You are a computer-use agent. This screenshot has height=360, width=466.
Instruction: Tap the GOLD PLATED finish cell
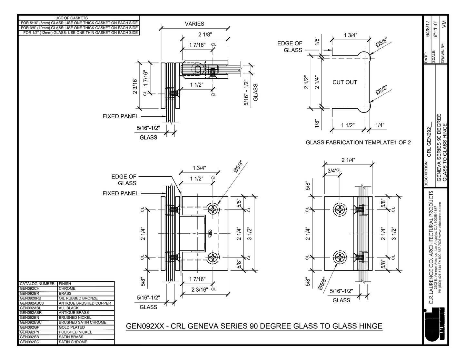72,327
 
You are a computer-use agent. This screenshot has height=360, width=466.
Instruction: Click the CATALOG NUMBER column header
37,284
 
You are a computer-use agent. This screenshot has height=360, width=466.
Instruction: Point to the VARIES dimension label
194,24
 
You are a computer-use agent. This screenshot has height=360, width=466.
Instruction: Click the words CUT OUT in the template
345,82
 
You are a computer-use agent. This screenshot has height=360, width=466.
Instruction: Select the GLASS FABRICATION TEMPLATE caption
358,142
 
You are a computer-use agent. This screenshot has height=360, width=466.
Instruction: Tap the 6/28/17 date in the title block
428,30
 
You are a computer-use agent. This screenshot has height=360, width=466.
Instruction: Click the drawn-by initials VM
444,23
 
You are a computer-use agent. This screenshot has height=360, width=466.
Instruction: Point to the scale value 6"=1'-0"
436,30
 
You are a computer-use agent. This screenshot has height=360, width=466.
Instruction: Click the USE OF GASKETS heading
72,18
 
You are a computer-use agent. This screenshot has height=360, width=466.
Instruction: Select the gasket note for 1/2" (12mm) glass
79,33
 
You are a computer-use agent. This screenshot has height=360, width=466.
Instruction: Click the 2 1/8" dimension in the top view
205,34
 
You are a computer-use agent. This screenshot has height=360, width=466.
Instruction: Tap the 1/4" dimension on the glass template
380,125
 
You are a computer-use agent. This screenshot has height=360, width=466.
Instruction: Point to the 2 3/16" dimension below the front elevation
200,289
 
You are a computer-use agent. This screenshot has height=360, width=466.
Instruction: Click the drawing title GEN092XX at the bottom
254,326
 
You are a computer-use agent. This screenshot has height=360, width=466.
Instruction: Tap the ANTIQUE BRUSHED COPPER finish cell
85,303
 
